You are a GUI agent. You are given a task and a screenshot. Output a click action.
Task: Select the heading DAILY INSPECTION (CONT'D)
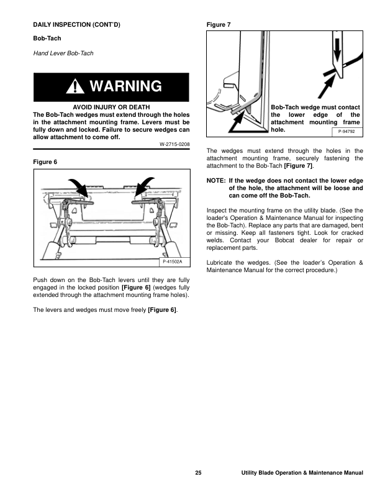[x=76, y=25]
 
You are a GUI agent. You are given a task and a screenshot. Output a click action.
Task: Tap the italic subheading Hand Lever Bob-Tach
[x=63, y=53]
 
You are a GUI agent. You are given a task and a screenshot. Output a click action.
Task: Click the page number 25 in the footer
[x=197, y=474]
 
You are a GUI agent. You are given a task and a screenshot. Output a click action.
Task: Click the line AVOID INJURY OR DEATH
[x=111, y=107]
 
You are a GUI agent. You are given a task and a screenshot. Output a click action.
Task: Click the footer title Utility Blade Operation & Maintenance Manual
[x=302, y=474]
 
